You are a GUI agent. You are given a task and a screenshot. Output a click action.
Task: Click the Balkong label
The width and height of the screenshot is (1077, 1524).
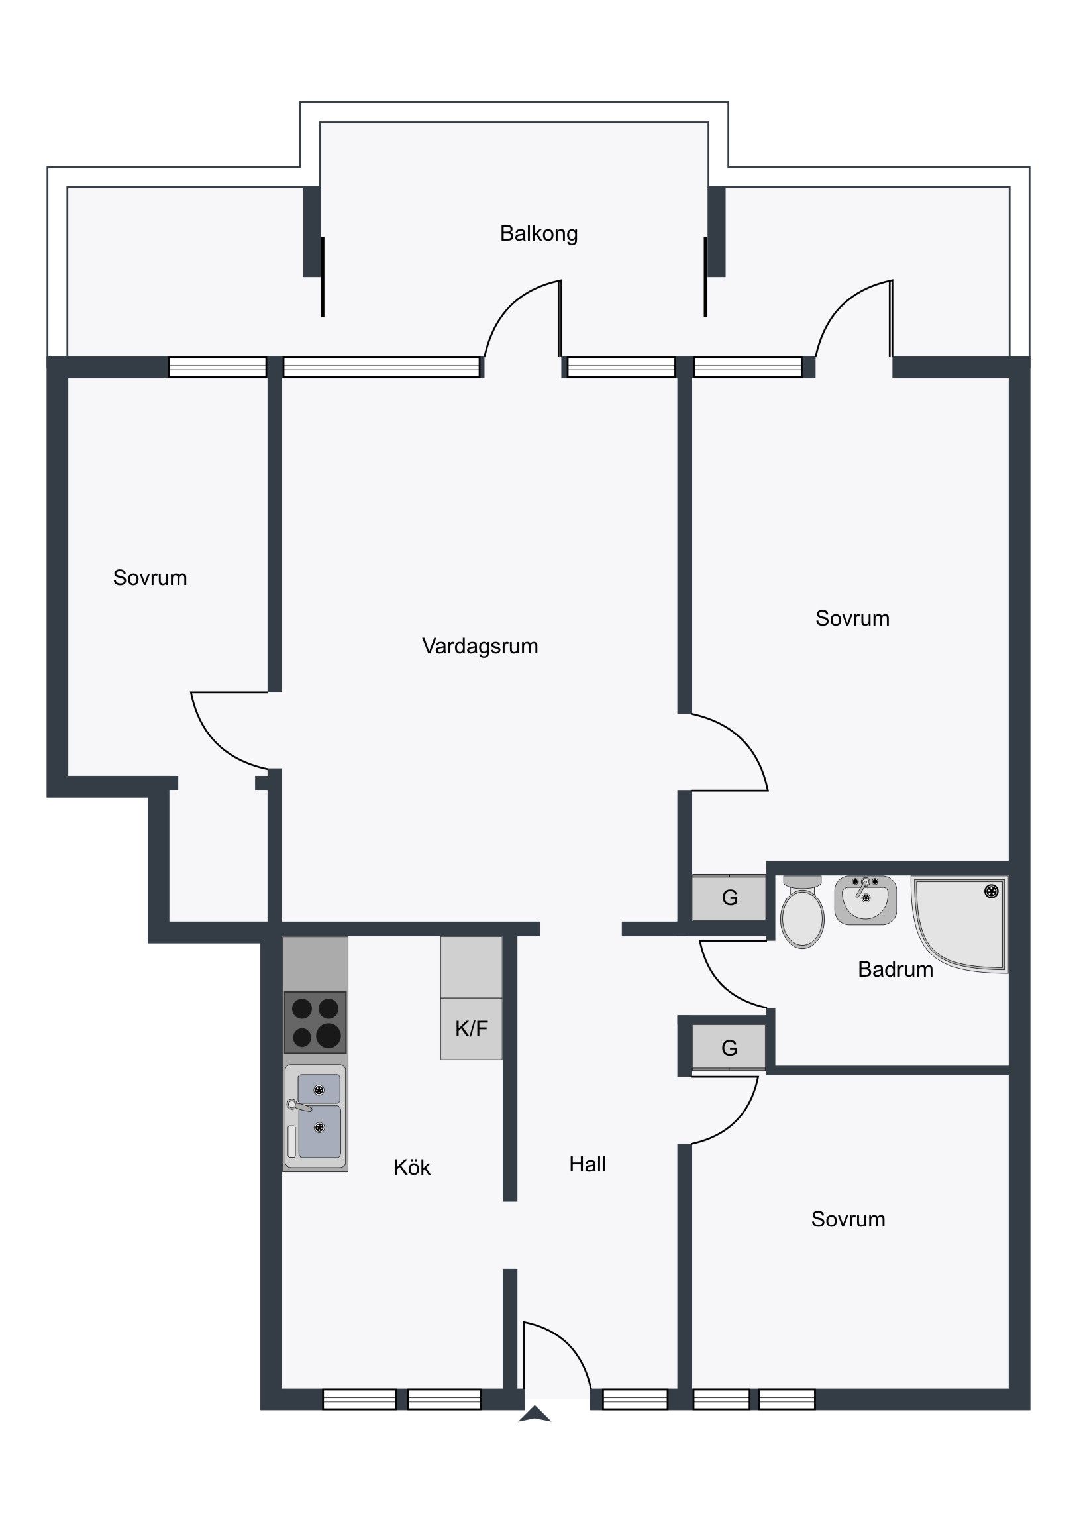coord(539,234)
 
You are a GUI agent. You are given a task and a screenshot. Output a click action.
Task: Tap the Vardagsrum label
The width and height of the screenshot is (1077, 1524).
coord(480,646)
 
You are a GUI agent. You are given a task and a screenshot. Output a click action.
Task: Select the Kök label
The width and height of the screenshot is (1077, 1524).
coord(412,1167)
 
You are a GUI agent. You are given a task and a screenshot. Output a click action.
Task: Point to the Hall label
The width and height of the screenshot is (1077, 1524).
coord(588,1164)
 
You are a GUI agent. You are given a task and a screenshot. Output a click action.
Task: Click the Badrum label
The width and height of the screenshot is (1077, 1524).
coord(895,969)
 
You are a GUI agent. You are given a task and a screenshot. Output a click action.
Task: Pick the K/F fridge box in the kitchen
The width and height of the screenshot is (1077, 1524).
coord(471,1028)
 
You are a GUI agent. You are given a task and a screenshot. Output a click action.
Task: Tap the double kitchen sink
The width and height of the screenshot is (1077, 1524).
coord(315,1116)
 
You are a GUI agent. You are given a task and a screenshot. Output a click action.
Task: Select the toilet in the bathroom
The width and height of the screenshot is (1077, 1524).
coord(802,911)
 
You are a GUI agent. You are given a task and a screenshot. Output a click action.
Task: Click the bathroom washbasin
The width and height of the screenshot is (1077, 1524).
coord(865,899)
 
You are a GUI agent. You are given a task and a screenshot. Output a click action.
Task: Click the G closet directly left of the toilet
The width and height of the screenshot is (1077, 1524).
coord(729,898)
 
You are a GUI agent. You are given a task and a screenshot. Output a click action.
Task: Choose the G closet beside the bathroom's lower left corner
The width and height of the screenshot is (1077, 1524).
coord(729,1048)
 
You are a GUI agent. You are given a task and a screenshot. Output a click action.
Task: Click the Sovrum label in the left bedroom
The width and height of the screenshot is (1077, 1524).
coord(150,578)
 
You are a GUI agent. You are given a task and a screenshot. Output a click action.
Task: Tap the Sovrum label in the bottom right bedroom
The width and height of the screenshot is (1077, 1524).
coord(848,1219)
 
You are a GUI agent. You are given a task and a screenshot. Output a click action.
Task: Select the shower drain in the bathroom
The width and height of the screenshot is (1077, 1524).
coord(992,891)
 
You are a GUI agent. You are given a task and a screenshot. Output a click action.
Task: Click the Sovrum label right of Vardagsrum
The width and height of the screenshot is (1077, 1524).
coord(852,618)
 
